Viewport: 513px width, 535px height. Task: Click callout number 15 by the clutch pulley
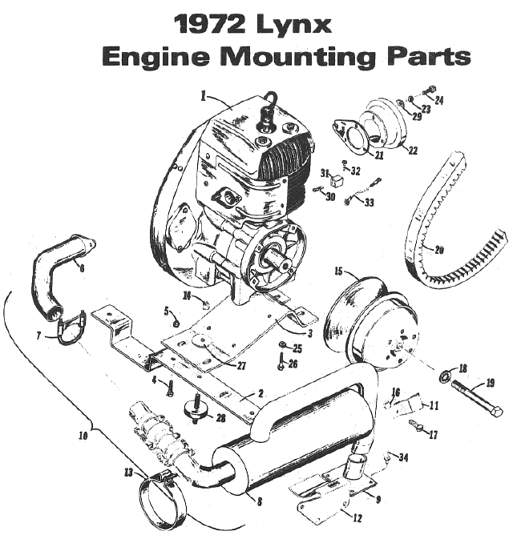coord(338,272)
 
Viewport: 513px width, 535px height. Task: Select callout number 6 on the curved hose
coord(80,267)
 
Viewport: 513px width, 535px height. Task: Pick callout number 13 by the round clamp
coord(129,473)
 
